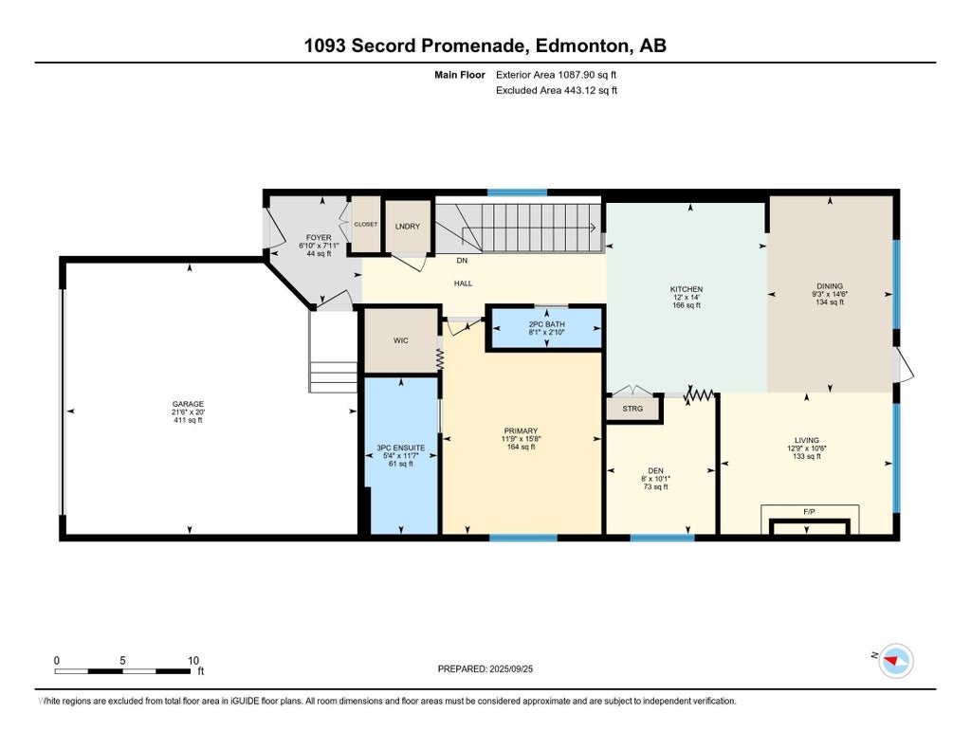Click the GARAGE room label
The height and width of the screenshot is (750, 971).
click(188, 405)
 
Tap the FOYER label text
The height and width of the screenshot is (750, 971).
click(319, 238)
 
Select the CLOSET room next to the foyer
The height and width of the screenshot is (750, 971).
click(365, 224)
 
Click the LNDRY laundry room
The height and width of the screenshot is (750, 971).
click(408, 226)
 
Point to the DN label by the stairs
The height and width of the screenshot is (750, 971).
click(462, 261)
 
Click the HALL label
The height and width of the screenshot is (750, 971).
click(463, 284)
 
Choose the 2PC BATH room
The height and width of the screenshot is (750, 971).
click(546, 328)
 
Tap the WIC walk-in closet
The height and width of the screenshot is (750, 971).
click(401, 340)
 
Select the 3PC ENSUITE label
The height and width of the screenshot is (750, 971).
click(401, 448)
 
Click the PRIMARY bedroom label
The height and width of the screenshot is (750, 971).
click(521, 431)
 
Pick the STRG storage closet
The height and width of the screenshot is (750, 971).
click(632, 409)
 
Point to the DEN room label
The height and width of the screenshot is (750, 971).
click(655, 470)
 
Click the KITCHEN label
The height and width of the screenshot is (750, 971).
click(687, 289)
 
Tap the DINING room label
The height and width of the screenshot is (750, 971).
click(830, 286)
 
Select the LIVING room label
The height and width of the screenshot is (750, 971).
click(806, 440)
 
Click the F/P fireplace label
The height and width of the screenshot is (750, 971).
click(809, 512)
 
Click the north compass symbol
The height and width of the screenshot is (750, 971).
click(895, 661)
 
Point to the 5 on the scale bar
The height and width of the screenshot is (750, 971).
click(122, 661)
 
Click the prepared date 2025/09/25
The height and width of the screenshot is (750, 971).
click(511, 668)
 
